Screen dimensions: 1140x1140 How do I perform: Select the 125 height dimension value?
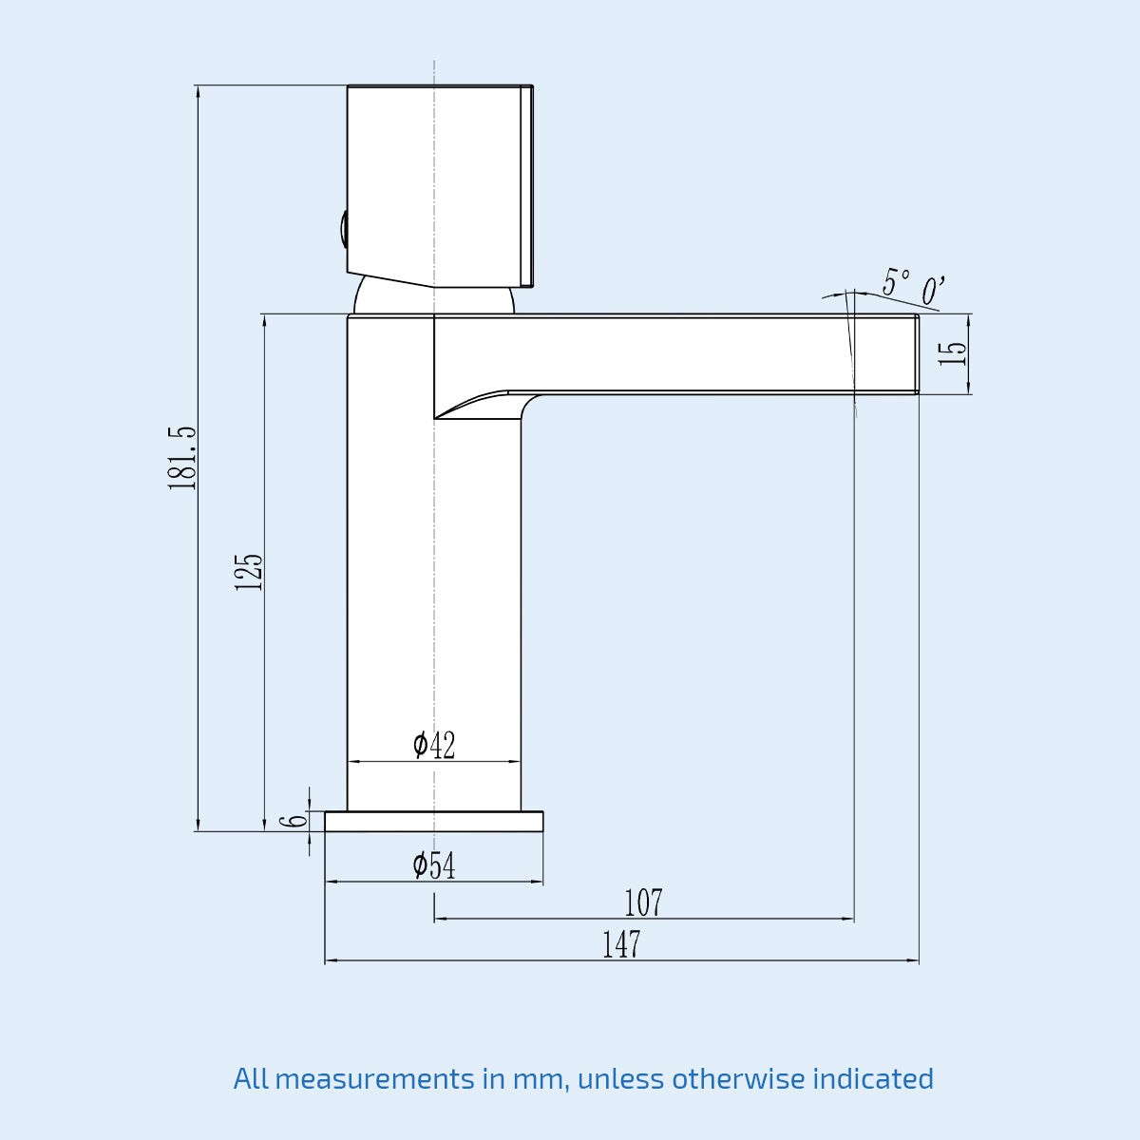[249, 572]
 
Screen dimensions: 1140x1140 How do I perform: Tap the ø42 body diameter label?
[434, 746]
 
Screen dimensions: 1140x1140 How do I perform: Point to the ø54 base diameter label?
[434, 865]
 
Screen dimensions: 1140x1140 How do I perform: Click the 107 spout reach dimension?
[643, 903]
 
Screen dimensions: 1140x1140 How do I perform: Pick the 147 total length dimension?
[621, 945]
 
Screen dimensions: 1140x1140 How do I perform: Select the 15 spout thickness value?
[952, 353]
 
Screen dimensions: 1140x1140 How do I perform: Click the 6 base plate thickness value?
[298, 821]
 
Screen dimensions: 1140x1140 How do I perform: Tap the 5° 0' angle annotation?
[912, 286]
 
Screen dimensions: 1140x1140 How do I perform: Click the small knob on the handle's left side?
[342, 231]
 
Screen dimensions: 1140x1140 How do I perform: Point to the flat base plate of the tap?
[434, 822]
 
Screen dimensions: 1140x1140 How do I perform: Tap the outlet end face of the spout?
[917, 353]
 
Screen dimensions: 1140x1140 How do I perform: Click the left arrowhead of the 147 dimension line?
[330, 961]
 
